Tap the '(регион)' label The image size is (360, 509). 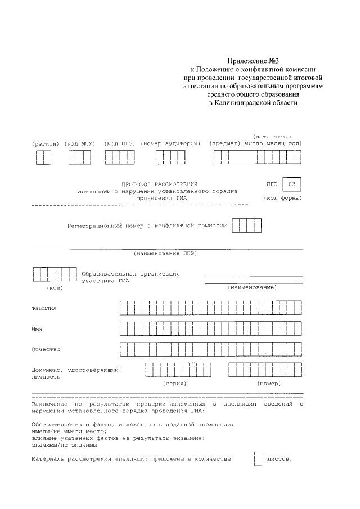(x=46, y=144)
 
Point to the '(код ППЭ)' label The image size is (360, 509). (x=119, y=144)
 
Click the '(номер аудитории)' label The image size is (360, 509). (x=170, y=144)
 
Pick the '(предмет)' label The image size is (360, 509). (x=224, y=144)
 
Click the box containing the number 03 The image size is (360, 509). (x=291, y=184)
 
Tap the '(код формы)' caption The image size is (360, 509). (x=283, y=199)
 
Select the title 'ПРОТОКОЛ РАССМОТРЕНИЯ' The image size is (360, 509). (x=160, y=184)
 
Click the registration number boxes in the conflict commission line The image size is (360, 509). (x=247, y=226)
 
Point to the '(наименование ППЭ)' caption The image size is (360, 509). (x=165, y=254)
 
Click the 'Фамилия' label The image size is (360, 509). (x=44, y=308)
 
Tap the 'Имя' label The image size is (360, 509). (x=38, y=328)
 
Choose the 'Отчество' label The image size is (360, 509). (x=46, y=349)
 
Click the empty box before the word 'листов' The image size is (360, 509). (x=258, y=460)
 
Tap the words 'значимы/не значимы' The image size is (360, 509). (x=56, y=444)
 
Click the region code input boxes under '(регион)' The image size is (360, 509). (x=43, y=158)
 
